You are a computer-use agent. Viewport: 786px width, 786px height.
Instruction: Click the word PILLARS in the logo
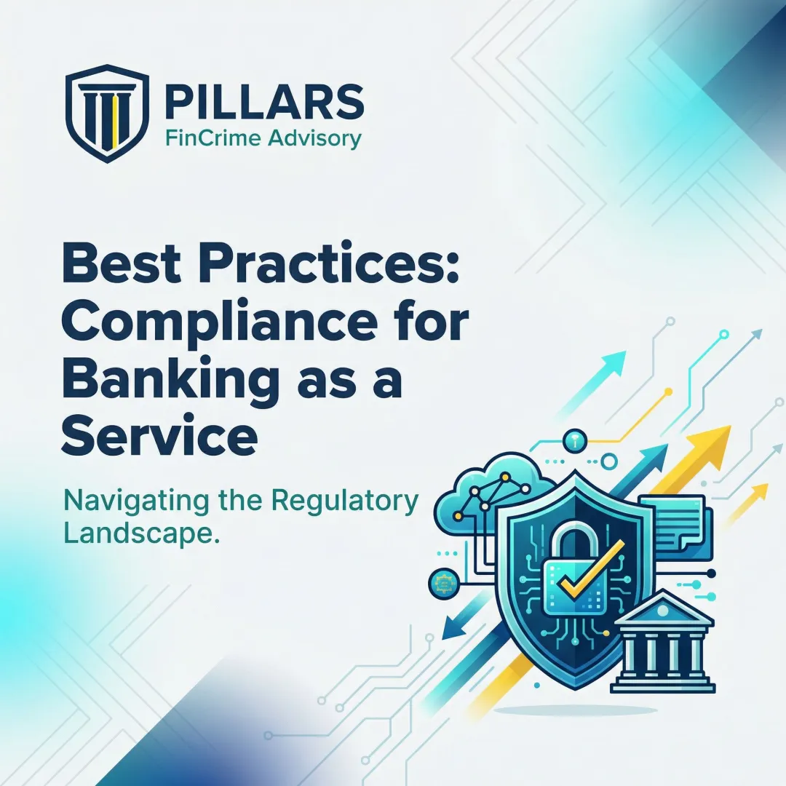264,102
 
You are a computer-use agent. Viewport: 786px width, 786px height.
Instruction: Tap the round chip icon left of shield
442,584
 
